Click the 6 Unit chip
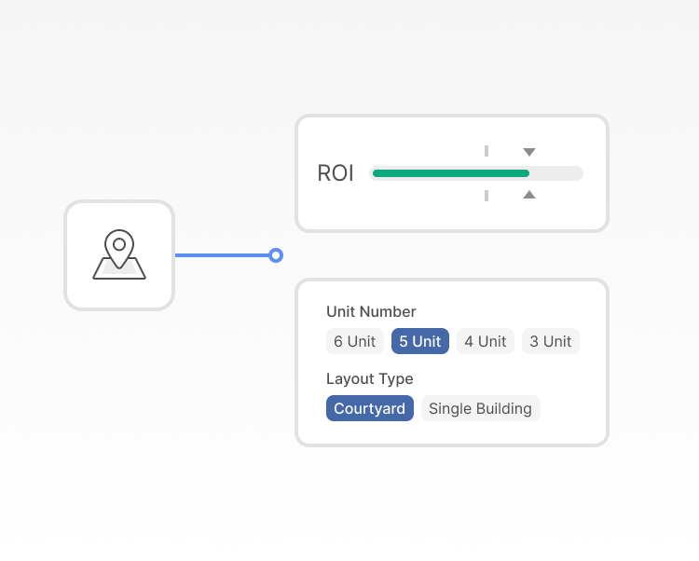pos(355,341)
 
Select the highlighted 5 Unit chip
pos(420,341)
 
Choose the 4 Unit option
pos(486,341)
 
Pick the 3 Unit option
pos(551,341)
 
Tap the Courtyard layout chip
pos(370,408)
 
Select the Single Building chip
pos(481,408)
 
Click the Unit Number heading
pos(371,311)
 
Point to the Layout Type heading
pos(370,378)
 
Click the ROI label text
pos(336,173)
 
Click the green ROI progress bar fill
pos(451,173)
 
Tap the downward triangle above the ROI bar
pos(529,152)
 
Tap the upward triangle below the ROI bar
pos(529,194)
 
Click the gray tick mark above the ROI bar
pos(487,151)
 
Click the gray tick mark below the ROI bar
pos(487,196)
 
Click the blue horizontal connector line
pos(222,255)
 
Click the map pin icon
pos(119,254)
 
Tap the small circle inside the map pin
pos(119,244)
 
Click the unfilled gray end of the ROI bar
pos(556,173)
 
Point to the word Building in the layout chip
pos(503,408)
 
